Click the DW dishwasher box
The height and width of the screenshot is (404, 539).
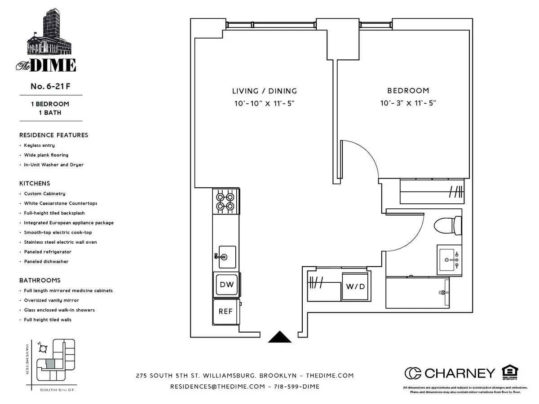[226, 285]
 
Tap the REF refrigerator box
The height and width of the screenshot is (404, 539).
[226, 311]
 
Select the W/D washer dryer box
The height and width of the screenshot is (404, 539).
[355, 286]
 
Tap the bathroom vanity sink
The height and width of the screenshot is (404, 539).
[449, 260]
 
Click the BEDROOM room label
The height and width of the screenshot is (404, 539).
[408, 91]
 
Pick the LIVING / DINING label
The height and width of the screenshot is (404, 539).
[264, 91]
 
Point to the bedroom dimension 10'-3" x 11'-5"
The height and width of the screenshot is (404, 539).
[408, 103]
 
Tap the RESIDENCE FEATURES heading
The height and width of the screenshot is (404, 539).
[53, 135]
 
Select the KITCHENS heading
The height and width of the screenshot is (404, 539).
[35, 184]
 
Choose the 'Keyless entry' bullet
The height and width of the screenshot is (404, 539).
[39, 145]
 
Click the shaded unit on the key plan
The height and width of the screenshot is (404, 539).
[51, 364]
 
